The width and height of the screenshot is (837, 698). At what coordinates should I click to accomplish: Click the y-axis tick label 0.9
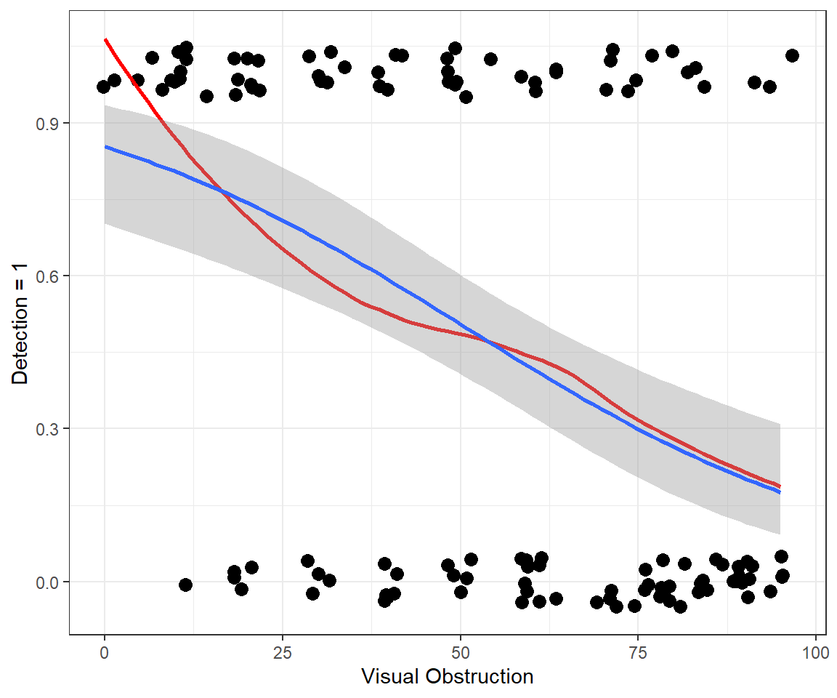click(x=47, y=123)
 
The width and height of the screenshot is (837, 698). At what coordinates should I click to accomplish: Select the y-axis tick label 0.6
click(x=47, y=276)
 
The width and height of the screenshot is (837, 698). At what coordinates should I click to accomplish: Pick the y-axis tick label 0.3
click(x=47, y=428)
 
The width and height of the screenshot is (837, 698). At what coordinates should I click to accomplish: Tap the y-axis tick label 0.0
click(x=47, y=582)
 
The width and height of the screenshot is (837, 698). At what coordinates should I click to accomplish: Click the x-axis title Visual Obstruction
click(x=447, y=677)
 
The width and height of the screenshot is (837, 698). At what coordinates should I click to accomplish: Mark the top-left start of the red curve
click(x=106, y=40)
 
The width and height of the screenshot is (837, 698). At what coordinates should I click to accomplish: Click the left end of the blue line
click(x=106, y=147)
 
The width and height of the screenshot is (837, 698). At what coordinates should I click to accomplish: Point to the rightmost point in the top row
click(x=792, y=55)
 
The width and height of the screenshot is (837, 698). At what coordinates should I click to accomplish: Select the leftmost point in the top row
click(x=103, y=87)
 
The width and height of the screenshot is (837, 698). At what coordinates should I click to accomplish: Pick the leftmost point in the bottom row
click(x=185, y=585)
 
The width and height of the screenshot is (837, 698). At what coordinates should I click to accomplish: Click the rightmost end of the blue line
click(x=780, y=492)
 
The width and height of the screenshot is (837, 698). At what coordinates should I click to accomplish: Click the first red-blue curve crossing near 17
click(x=223, y=193)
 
